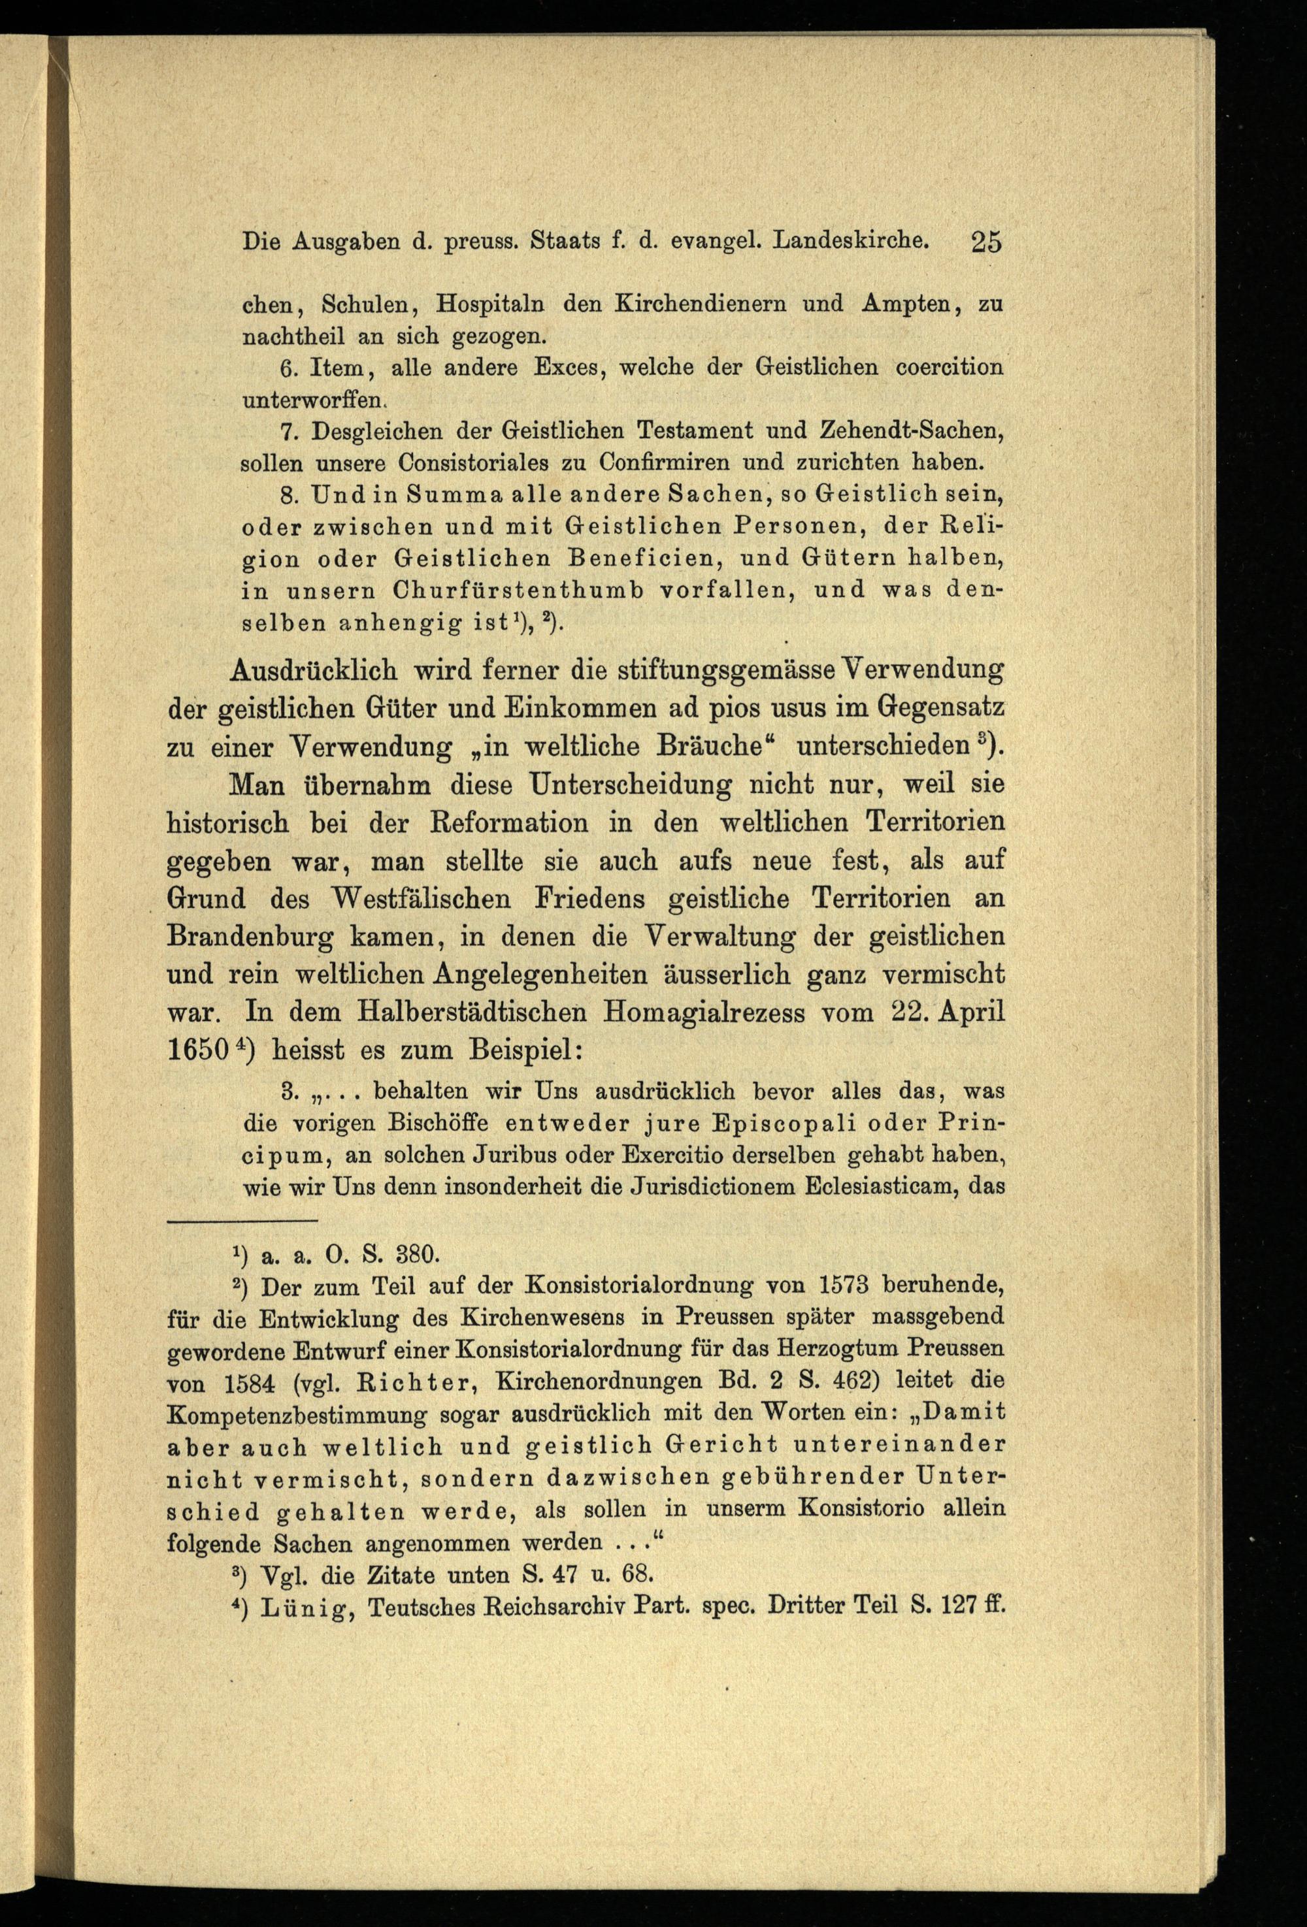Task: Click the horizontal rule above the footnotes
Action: click(242, 1221)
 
